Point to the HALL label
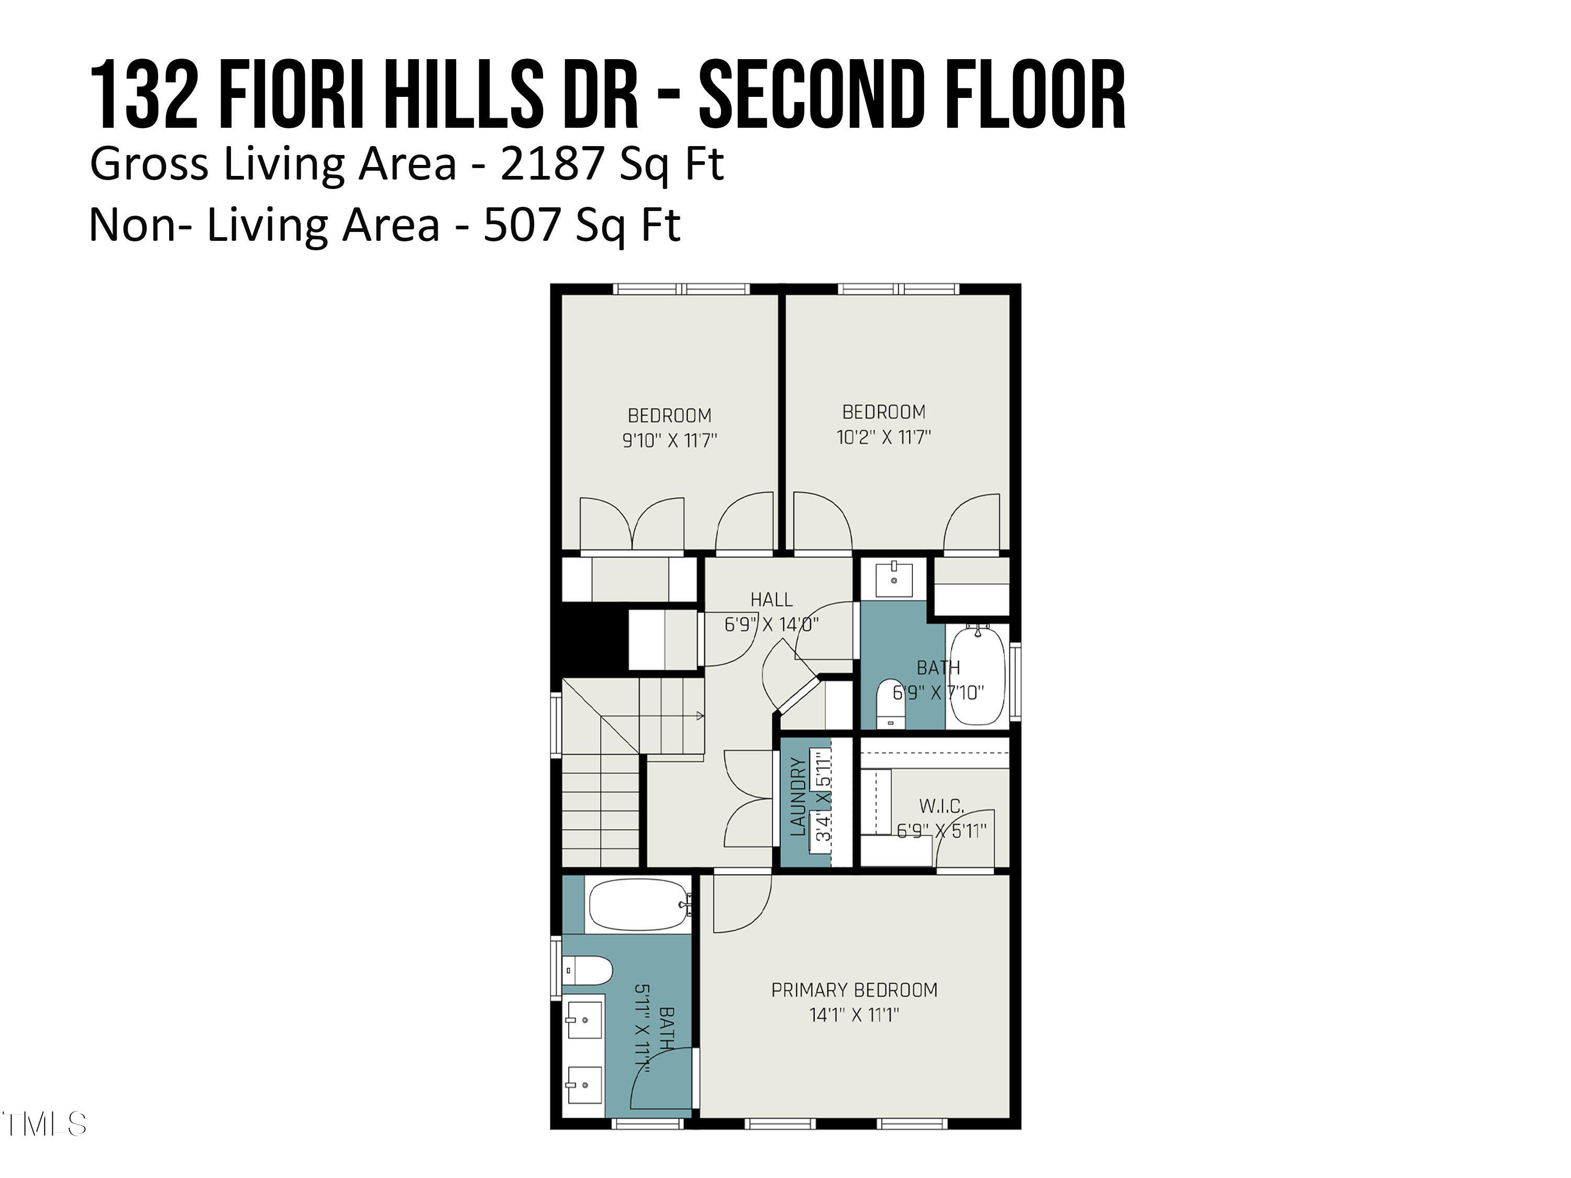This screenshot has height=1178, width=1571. (x=771, y=599)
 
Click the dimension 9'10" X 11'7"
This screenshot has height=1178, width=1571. (x=669, y=440)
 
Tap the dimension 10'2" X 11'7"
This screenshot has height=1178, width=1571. (x=883, y=437)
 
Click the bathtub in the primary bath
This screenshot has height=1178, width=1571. (x=637, y=905)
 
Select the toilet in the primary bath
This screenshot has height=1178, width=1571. (x=588, y=971)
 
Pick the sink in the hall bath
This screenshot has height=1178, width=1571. (x=893, y=580)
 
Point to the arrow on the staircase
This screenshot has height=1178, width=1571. (x=700, y=716)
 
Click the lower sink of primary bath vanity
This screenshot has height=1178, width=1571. (x=584, y=1085)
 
